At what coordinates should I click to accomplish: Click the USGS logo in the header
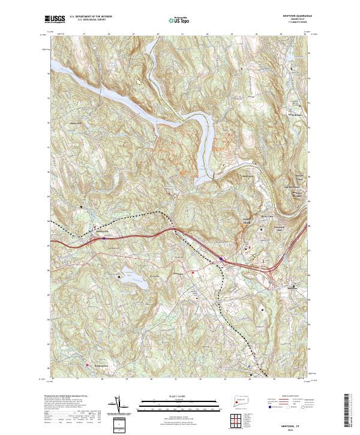click(55, 19)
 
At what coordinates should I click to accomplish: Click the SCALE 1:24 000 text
click(171, 397)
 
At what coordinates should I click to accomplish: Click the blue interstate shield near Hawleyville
click(103, 238)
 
